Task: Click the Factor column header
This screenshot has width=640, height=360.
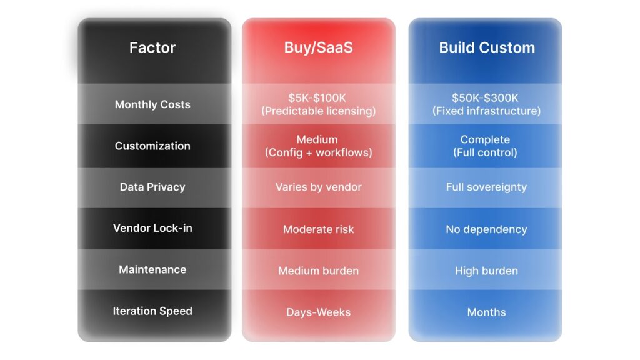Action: tap(152, 47)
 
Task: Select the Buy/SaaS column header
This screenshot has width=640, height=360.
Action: tap(318, 47)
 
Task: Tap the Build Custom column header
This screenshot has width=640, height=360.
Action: tap(487, 47)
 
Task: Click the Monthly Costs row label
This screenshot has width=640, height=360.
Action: tap(152, 104)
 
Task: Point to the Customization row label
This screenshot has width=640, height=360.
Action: tap(152, 146)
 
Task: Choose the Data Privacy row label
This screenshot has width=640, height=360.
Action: tap(152, 187)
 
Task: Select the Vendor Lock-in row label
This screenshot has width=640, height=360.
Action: tap(152, 228)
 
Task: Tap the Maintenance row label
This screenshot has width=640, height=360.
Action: tap(152, 269)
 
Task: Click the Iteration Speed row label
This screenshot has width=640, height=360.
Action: tap(152, 311)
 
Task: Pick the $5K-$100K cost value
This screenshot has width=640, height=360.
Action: tap(317, 98)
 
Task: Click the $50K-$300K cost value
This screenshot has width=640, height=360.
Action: tap(485, 98)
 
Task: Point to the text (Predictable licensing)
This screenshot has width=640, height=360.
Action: tap(318, 111)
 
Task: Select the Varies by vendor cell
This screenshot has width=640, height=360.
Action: tap(318, 187)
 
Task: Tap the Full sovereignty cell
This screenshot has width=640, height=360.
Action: tap(486, 187)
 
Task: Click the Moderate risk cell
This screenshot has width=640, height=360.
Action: tap(318, 229)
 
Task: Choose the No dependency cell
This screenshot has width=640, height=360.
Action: tap(486, 229)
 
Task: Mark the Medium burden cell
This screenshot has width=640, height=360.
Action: tap(318, 271)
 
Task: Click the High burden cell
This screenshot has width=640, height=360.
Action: tap(486, 271)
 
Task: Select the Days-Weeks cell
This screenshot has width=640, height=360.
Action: tap(318, 312)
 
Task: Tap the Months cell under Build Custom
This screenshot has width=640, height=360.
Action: tap(486, 312)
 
